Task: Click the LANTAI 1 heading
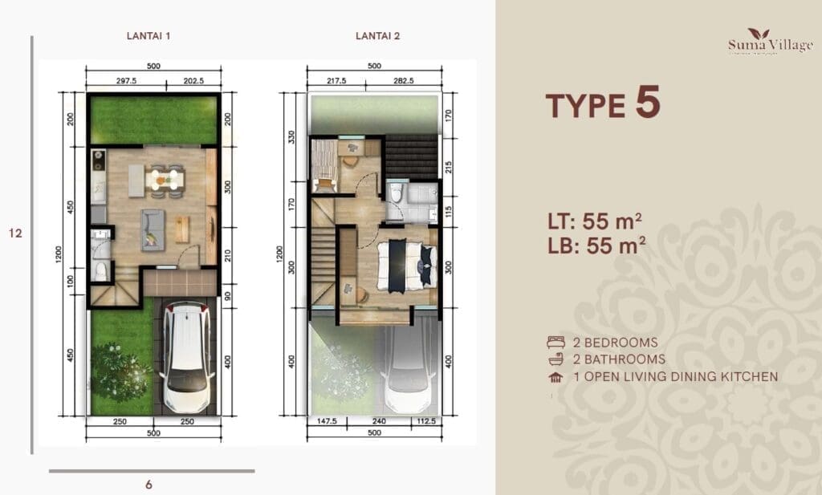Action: pos(149,35)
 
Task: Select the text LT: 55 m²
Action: pos(594,220)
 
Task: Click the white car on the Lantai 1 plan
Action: pos(186,356)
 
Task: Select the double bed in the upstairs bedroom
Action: pos(405,265)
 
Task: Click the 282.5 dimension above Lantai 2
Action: pos(401,80)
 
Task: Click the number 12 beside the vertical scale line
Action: pos(14,233)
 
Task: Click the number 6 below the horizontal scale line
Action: pos(149,484)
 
